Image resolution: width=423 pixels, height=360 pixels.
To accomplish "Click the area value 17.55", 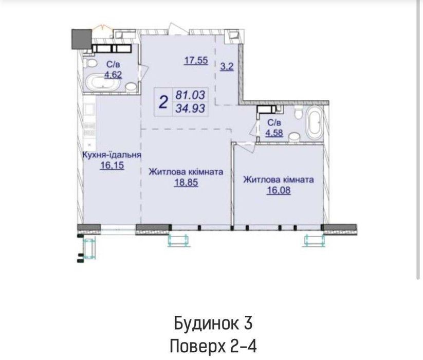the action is (x=196, y=61).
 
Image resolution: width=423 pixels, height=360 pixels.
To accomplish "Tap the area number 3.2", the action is (x=227, y=66).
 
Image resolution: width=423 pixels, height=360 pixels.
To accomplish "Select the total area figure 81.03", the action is (x=191, y=95).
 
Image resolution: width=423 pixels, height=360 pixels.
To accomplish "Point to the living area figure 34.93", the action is (x=191, y=109).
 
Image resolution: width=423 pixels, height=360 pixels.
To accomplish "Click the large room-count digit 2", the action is (x=163, y=102).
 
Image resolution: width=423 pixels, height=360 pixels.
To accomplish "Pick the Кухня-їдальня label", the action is (x=112, y=155).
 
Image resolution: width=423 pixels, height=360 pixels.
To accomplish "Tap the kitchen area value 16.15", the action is (x=112, y=165).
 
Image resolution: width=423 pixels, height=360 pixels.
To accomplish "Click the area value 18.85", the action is (x=186, y=183).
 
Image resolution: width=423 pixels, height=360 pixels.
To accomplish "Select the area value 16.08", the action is (x=279, y=190).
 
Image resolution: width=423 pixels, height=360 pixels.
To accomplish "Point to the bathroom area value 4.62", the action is (x=113, y=75).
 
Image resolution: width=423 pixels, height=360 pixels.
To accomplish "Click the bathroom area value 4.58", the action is (x=274, y=133).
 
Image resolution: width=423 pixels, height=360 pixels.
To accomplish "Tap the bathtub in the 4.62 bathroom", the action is (x=103, y=83).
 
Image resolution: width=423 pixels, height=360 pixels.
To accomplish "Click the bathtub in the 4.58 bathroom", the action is (x=315, y=123).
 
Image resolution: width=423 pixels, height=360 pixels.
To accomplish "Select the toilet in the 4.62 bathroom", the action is (x=90, y=63).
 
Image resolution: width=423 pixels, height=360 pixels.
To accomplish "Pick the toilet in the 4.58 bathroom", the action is (x=299, y=112).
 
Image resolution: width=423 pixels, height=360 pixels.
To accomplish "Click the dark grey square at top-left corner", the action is (x=81, y=40).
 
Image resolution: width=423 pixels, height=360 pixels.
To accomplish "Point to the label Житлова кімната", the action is (x=279, y=179).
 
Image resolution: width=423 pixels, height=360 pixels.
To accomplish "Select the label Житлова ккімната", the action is (x=186, y=172).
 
